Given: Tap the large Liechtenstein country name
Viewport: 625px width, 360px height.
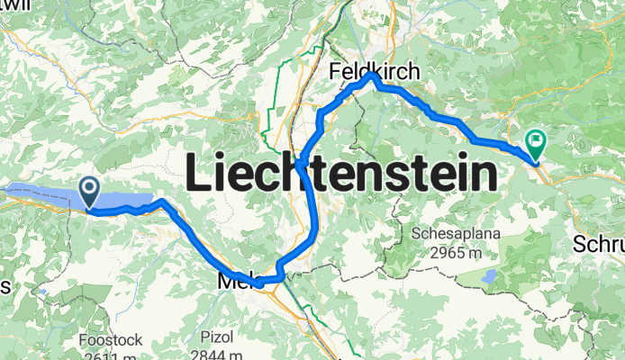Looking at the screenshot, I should (x=341, y=172).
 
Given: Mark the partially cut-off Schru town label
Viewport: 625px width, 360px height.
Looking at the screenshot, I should (x=598, y=244).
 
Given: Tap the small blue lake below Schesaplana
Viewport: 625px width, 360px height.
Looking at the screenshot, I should (x=490, y=276).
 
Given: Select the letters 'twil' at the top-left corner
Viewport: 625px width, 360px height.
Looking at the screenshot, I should (x=11, y=4).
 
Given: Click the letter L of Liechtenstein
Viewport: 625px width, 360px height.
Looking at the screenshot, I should (x=196, y=171).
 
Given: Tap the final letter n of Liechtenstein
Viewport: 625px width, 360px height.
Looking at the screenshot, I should (x=485, y=174).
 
